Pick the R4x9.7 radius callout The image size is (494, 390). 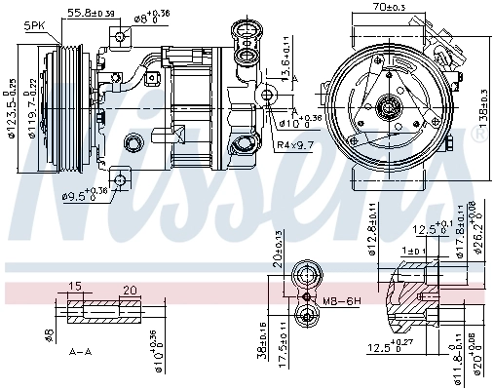pos(294,144)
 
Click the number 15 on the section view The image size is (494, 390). pos(74,287)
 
